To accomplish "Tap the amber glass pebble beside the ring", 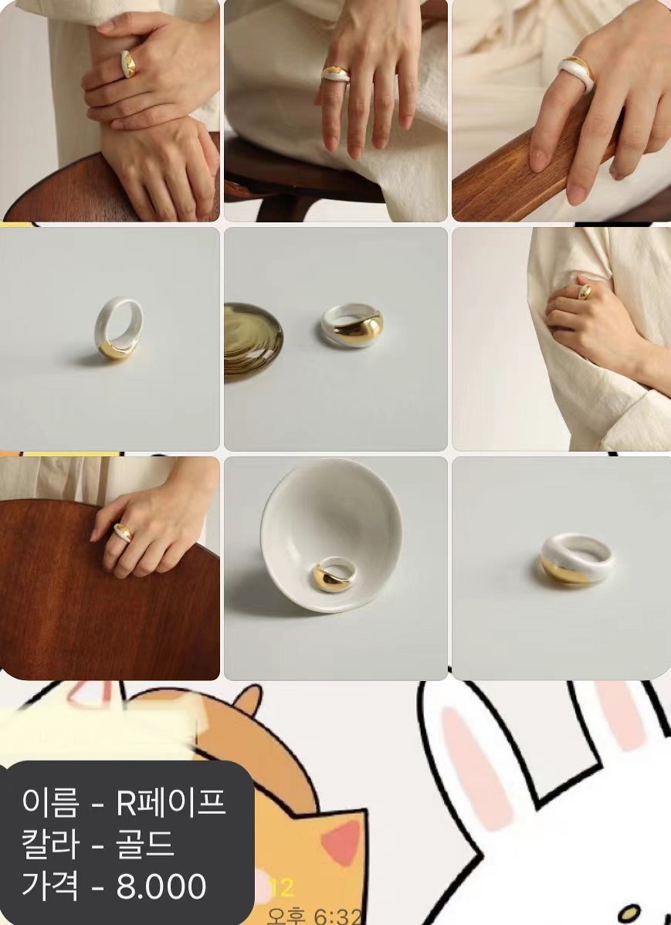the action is click(x=252, y=339).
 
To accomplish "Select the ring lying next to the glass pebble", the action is click(x=352, y=327).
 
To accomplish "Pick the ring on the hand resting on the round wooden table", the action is click(x=123, y=532).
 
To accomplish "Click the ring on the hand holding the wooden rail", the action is click(x=575, y=74).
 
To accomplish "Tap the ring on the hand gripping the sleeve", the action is click(x=585, y=291).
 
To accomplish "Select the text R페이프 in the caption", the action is click(x=171, y=802).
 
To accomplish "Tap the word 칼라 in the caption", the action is click(x=50, y=844).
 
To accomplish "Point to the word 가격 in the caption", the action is click(x=50, y=886).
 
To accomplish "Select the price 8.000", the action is click(x=161, y=886).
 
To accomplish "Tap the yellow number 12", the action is click(x=282, y=888).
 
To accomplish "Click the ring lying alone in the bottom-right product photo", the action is click(x=577, y=559).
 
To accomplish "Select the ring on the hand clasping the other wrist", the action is click(x=128, y=64).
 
